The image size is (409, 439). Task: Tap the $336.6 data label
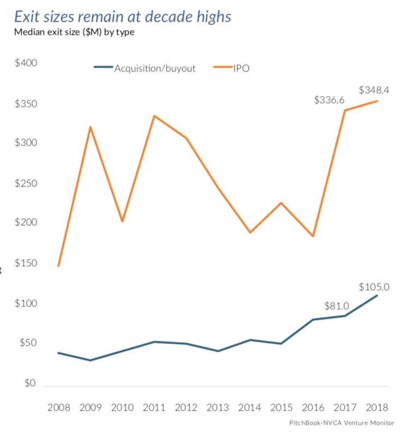pos(329,100)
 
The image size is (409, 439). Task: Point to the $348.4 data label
pos(377,90)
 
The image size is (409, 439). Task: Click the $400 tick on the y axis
pos(26,63)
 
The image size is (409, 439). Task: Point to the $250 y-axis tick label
pos(26,183)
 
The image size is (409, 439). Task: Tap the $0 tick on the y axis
pos(29,383)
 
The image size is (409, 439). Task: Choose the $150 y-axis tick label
pos(26,263)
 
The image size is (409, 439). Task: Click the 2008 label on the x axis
pos(58,408)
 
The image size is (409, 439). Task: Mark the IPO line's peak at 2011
pos(154,116)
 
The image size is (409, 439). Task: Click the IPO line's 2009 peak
pos(91,127)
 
